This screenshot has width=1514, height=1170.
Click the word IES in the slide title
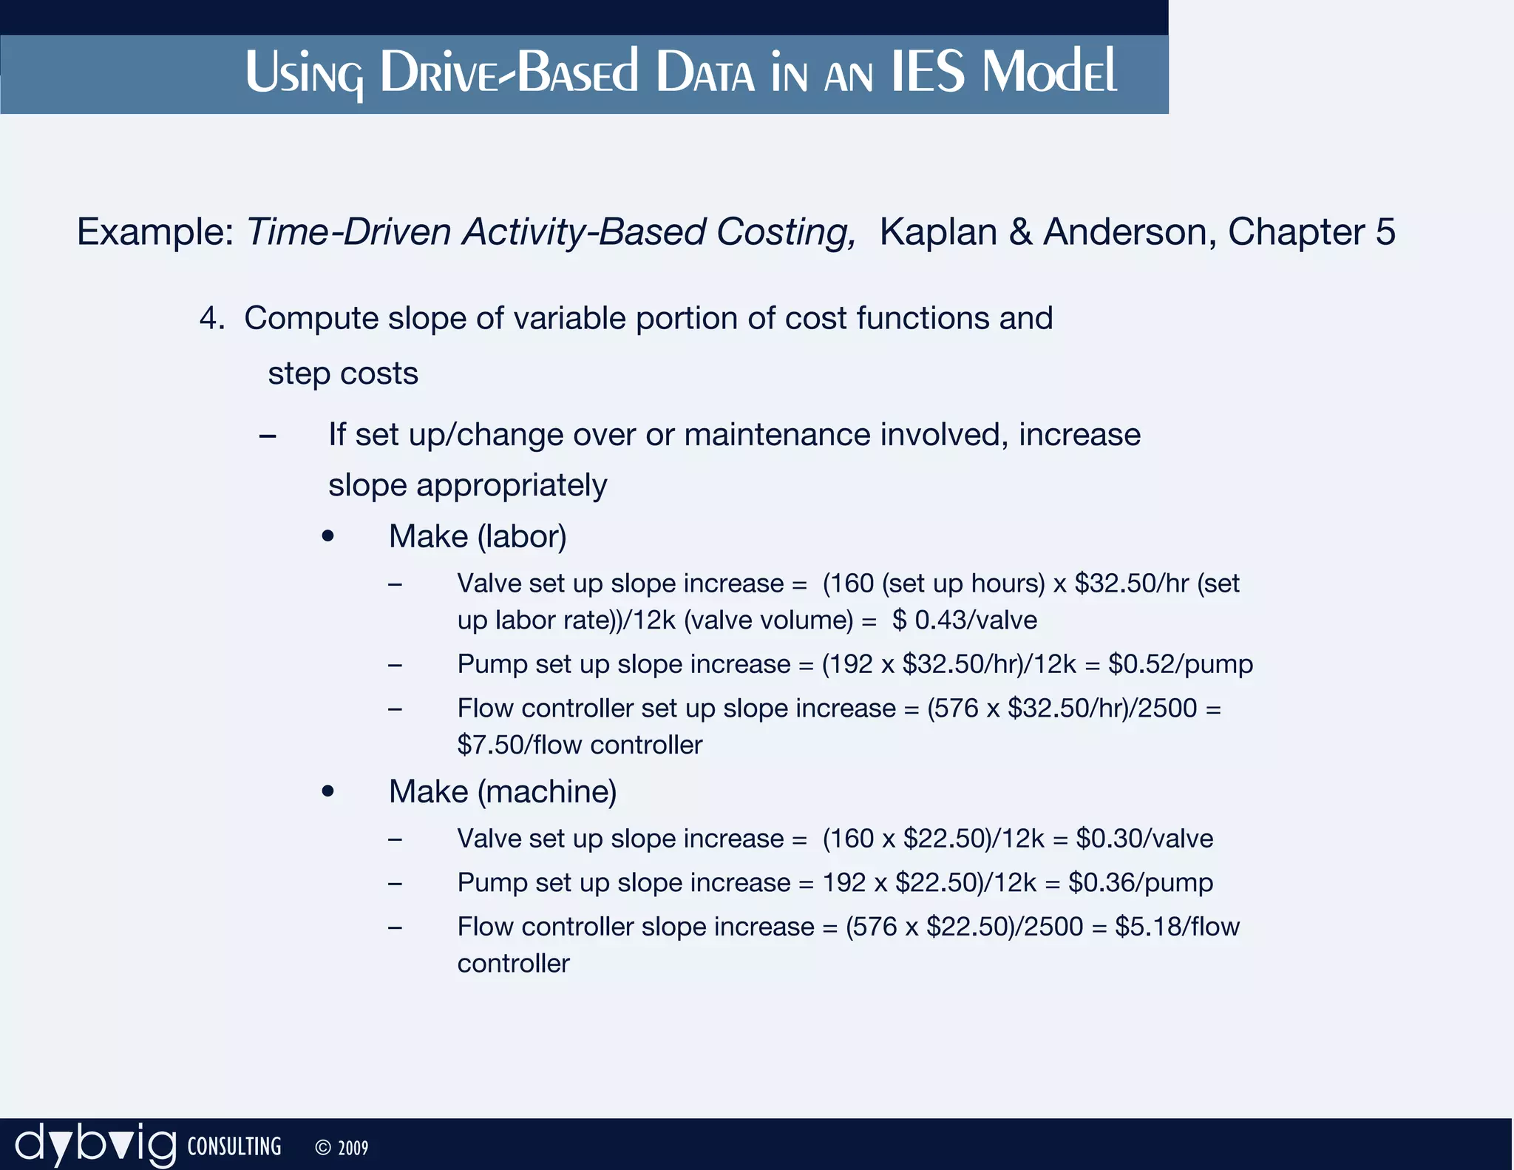click(x=928, y=73)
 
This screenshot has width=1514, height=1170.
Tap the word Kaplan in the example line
click(x=938, y=232)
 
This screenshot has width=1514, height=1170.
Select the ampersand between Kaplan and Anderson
click(x=1020, y=232)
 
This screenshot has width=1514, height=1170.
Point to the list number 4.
click(x=211, y=319)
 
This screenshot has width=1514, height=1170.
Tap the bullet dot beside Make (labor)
click(x=328, y=537)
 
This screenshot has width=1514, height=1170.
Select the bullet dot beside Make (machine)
click(x=328, y=792)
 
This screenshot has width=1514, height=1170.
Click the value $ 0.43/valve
click(x=964, y=620)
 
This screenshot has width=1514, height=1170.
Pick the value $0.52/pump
click(x=1180, y=664)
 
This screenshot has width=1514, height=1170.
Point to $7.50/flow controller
click(x=580, y=745)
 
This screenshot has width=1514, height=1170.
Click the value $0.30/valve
click(x=1144, y=839)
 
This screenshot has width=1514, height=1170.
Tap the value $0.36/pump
click(x=1140, y=883)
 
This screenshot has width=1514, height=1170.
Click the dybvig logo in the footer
click(x=96, y=1146)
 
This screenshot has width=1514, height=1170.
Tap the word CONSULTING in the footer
click(x=234, y=1147)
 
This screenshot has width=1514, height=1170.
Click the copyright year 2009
click(x=353, y=1148)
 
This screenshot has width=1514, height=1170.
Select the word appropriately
click(x=512, y=486)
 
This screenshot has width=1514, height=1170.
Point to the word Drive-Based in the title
click(x=509, y=73)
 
